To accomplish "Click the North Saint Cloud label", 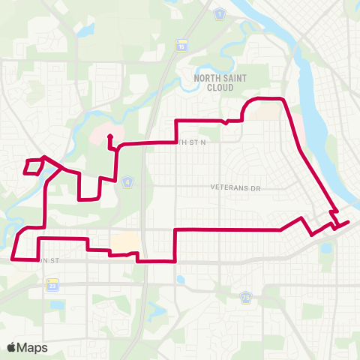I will click(x=219, y=82).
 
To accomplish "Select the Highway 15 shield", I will click(x=181, y=46).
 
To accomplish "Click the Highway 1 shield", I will click(x=220, y=15).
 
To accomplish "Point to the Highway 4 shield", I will click(x=128, y=181).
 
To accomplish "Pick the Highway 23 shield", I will click(x=52, y=286).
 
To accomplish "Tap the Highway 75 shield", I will click(x=246, y=298).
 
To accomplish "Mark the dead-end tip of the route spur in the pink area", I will click(x=109, y=136).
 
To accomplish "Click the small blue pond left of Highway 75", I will click(x=181, y=280).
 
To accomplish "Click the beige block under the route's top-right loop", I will click(x=262, y=111).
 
